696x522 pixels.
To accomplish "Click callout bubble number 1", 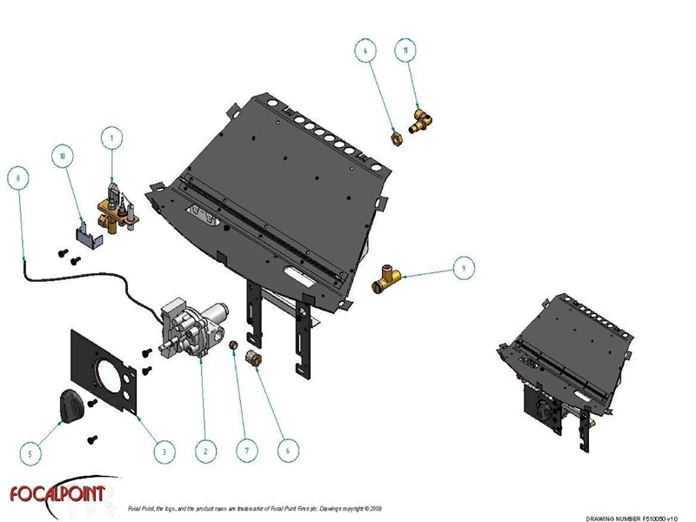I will click(x=110, y=136).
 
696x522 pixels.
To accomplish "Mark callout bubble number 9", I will click(x=463, y=269).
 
